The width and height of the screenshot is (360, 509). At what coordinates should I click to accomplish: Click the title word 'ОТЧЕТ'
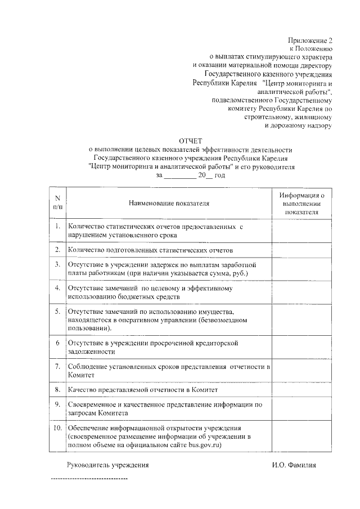(190, 141)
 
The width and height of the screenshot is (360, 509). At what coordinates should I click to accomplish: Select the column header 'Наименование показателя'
(169, 202)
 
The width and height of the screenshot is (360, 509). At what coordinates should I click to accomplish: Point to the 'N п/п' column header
(57, 202)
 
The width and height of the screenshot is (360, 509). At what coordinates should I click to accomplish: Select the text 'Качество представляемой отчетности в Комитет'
(142, 389)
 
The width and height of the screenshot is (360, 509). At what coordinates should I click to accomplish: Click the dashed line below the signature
(89, 479)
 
